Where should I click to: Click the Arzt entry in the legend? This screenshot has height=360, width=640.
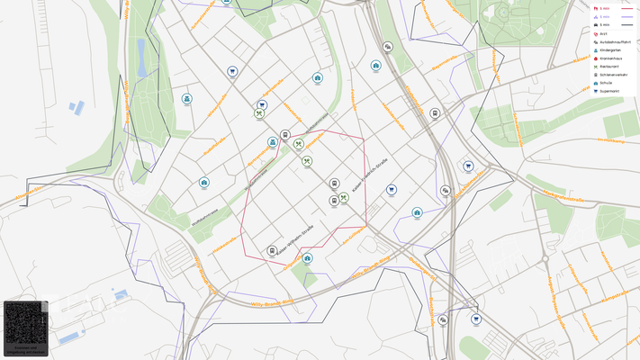[x=603, y=33]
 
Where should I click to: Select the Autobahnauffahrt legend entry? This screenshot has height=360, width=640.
[x=611, y=41]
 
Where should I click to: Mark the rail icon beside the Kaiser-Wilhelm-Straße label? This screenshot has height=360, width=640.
[x=272, y=251]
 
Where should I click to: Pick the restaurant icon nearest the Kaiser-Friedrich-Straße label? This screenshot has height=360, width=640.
[x=344, y=198]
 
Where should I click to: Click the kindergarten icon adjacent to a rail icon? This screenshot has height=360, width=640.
[x=272, y=142]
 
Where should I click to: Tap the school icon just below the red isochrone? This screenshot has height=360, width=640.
[x=308, y=258]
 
